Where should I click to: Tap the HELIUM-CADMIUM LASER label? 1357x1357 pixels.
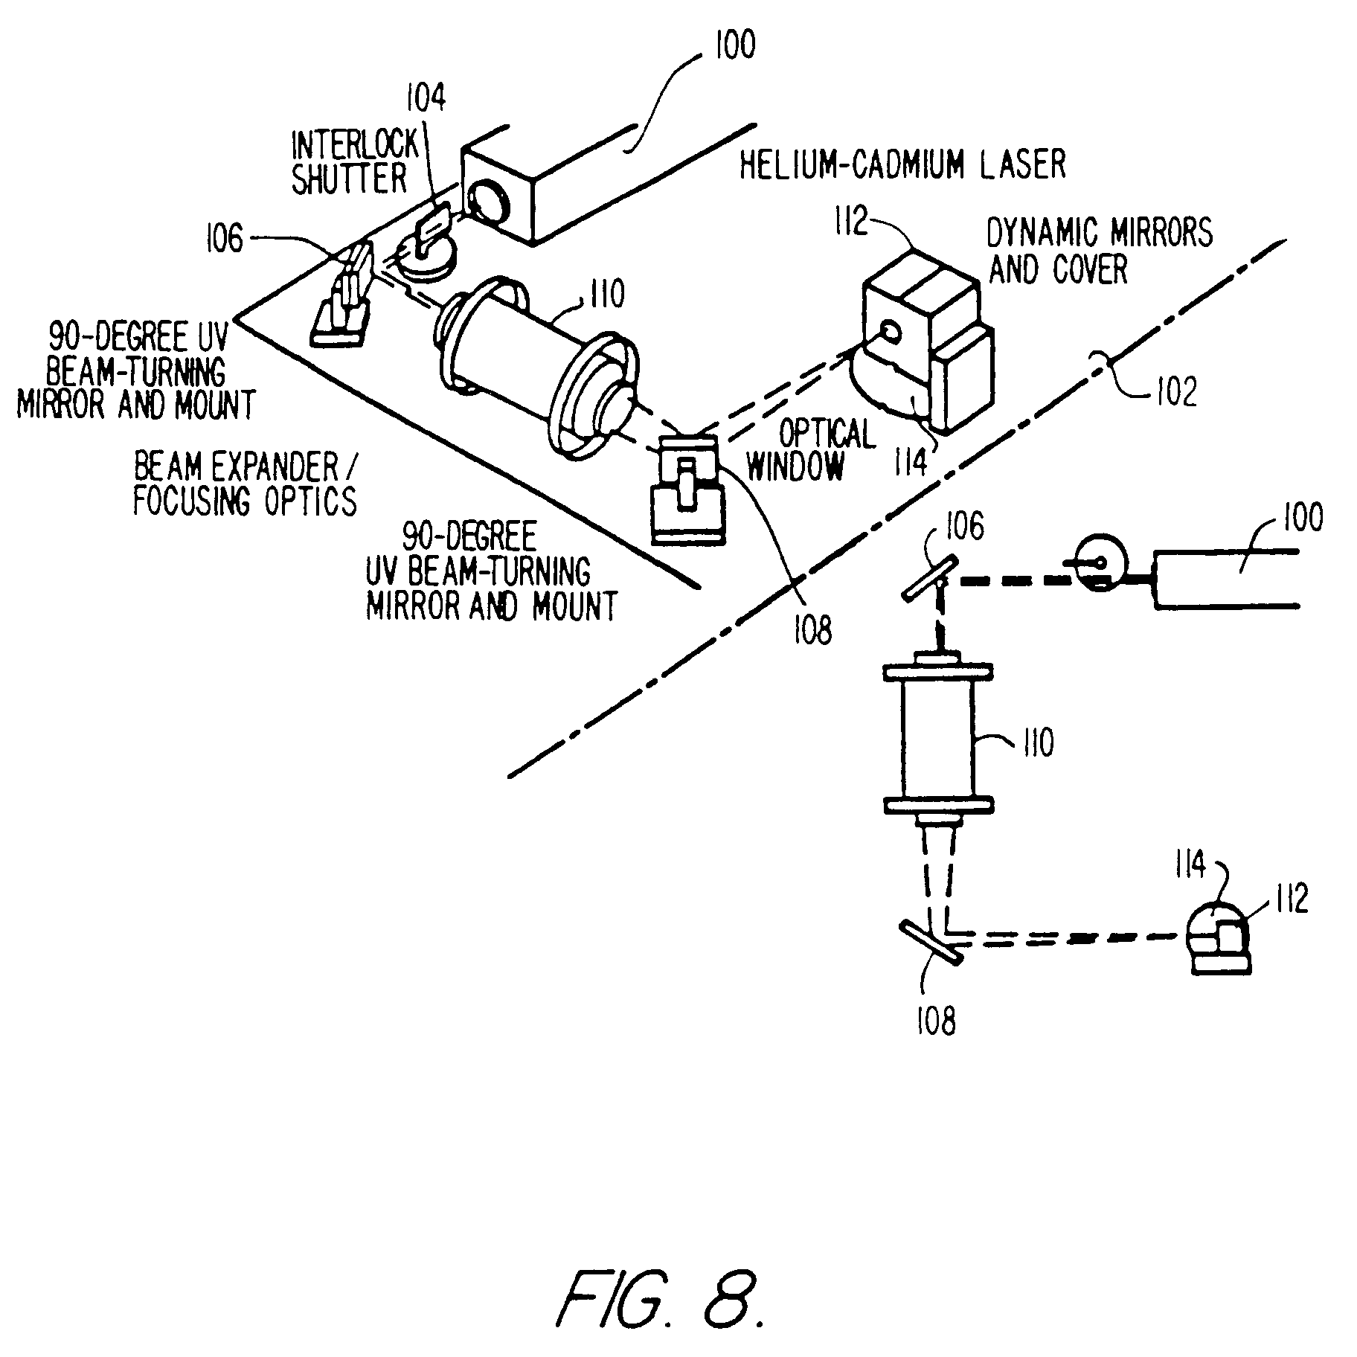(x=902, y=164)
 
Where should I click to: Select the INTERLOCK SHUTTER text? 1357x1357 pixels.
(x=351, y=162)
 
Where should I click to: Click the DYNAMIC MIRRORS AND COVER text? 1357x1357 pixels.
(x=1098, y=251)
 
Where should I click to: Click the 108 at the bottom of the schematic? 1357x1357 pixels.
(x=935, y=1019)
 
